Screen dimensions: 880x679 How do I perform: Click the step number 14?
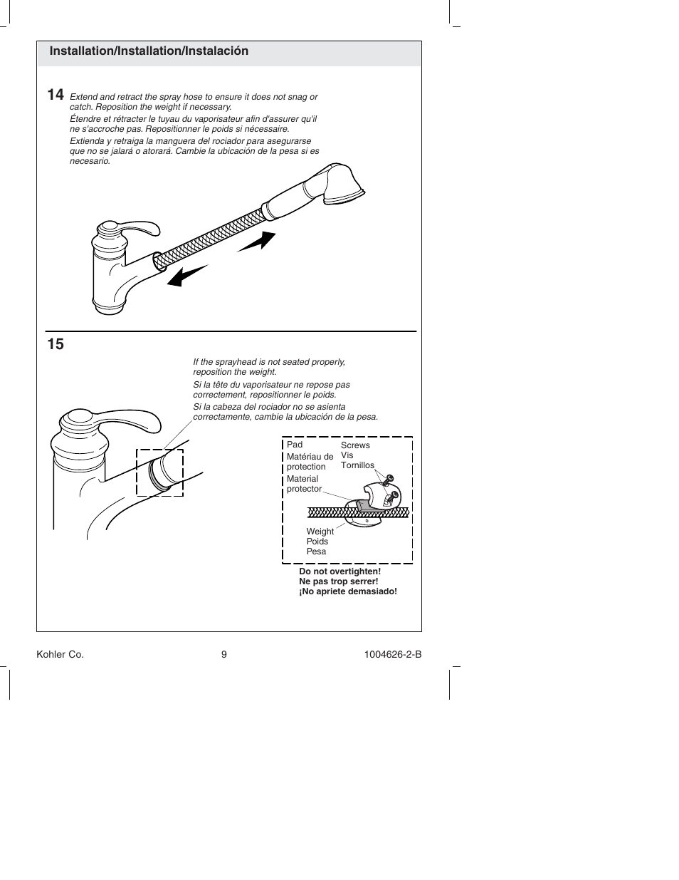pos(56,95)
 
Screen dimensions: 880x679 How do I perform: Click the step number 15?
pos(56,344)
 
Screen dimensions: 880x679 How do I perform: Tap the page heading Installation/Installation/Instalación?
pos(149,51)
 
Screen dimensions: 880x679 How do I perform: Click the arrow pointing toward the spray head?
pos(257,242)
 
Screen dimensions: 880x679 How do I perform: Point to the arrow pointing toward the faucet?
pos(186,276)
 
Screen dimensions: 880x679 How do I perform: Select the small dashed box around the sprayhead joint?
pos(159,472)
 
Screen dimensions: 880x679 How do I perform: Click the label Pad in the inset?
pos(295,445)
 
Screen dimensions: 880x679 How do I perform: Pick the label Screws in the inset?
pos(355,445)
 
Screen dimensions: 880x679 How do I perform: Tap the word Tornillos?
pos(357,465)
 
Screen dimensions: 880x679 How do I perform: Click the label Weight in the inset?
pos(320,532)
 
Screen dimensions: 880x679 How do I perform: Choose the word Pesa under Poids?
pos(316,552)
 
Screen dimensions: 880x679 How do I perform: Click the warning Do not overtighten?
pos(339,571)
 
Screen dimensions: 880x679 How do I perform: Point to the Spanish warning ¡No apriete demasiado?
pos(347,591)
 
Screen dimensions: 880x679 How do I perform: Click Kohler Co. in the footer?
pos(60,655)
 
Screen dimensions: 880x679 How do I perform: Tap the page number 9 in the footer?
pos(223,655)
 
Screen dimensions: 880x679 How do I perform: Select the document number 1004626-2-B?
pos(387,655)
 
